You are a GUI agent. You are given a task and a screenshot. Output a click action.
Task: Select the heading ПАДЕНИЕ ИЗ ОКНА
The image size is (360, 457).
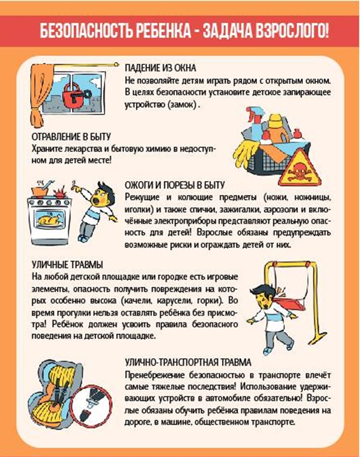[160, 68]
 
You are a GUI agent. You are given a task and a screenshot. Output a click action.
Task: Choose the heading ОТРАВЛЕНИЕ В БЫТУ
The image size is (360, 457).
[71, 137]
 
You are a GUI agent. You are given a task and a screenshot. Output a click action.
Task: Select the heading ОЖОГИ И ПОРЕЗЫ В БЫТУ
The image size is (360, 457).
[175, 185]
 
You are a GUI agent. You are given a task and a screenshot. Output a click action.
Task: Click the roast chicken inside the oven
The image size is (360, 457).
[50, 219]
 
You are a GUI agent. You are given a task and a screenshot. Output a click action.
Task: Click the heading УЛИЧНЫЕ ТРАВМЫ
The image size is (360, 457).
[67, 265]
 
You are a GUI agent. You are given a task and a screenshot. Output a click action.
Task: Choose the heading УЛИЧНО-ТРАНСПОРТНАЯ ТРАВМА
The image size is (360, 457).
[188, 362]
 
